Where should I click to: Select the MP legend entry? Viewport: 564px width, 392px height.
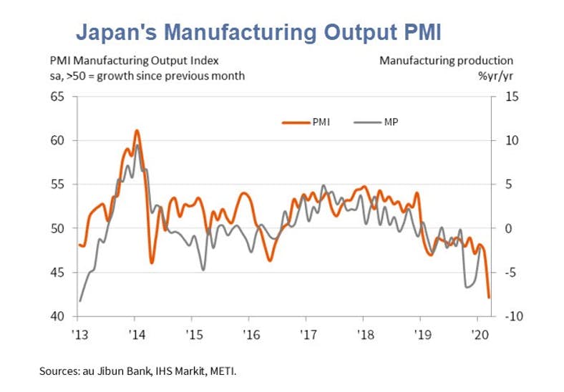point(391,122)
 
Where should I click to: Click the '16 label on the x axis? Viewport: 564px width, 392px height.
point(249,333)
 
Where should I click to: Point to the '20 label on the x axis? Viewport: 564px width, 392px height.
point(477,333)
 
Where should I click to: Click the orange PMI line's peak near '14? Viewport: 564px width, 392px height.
point(137,130)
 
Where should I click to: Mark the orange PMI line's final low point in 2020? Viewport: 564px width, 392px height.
point(489,297)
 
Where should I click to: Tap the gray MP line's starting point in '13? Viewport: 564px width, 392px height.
point(79,300)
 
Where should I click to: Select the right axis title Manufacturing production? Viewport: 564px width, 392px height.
point(446,60)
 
